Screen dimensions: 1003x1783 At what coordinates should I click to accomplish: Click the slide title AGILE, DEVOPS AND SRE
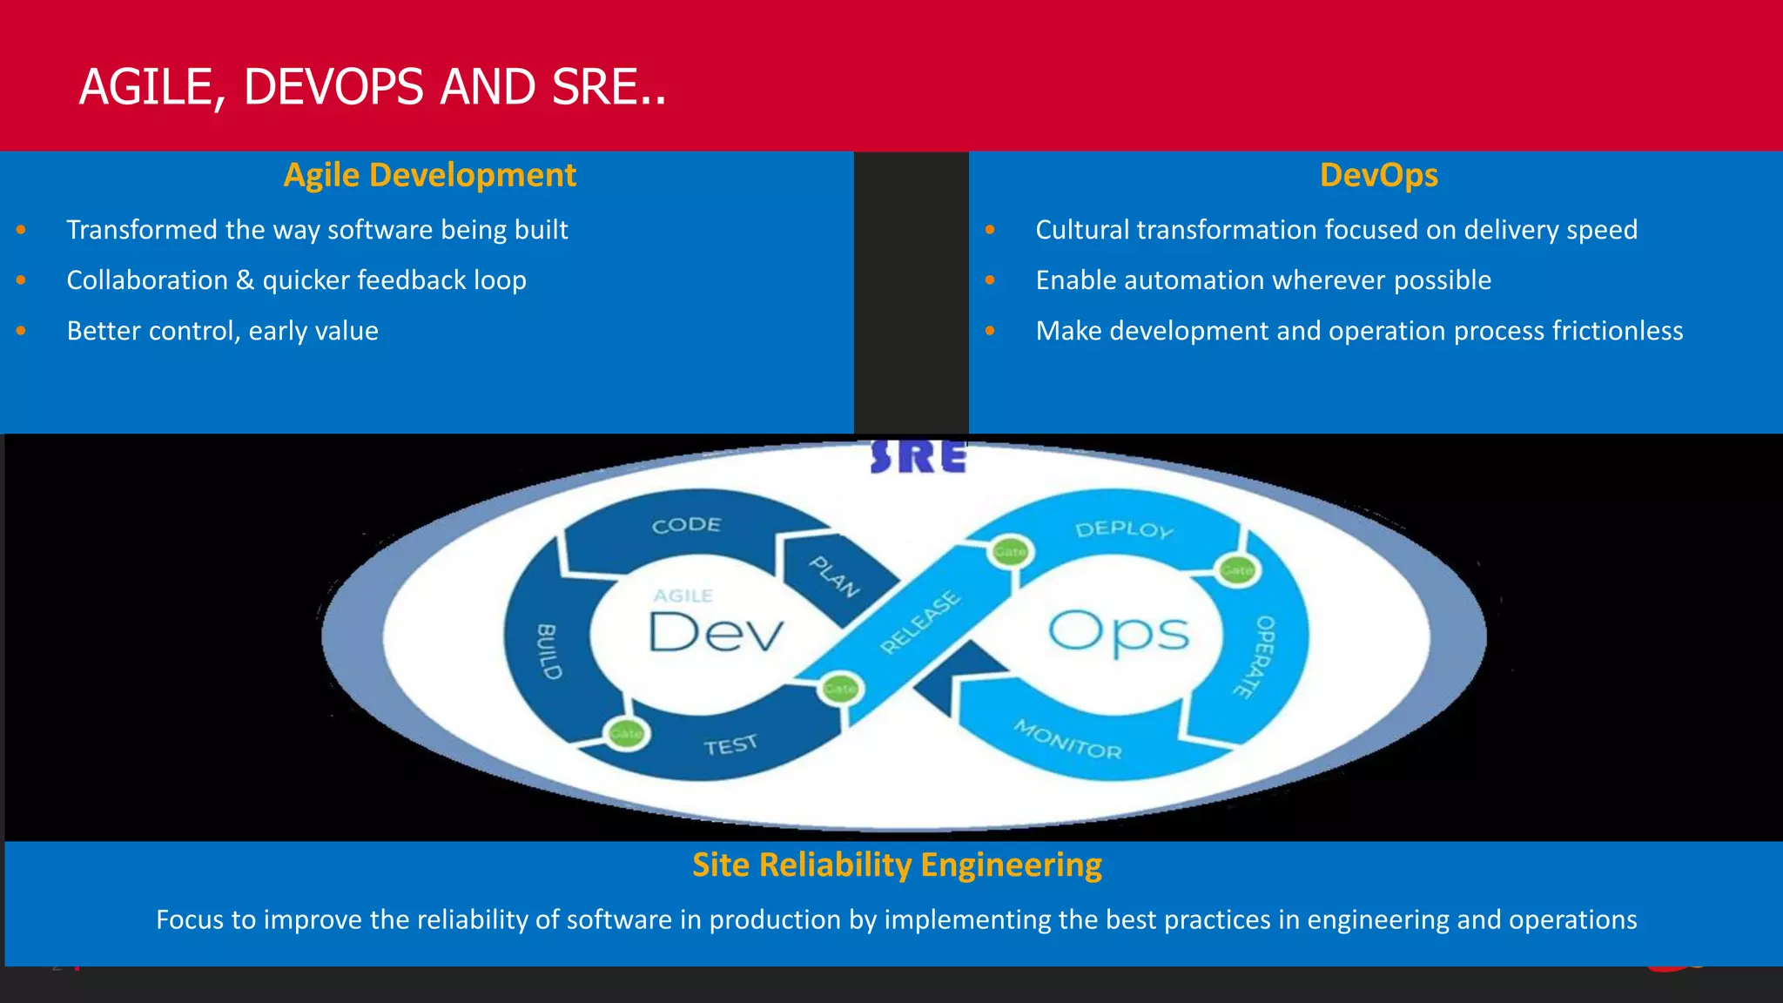tap(373, 87)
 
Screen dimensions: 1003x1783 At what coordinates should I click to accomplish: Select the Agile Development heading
tap(429, 175)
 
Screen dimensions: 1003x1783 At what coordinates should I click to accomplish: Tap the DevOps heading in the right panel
tap(1378, 175)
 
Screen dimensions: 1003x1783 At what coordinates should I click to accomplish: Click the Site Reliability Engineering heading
tap(897, 865)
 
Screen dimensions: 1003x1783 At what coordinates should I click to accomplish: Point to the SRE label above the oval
tap(918, 457)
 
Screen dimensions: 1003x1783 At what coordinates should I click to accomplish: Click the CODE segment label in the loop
tap(686, 525)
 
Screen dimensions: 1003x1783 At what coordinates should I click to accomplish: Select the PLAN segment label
tap(834, 576)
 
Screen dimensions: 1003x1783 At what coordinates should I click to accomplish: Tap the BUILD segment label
tap(548, 651)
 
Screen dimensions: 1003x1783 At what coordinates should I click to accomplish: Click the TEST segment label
tap(730, 745)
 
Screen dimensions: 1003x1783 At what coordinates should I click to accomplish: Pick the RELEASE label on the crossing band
tap(919, 622)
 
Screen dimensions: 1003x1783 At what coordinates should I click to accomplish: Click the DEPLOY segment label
tap(1124, 529)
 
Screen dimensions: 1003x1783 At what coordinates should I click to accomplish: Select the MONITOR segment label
tap(1068, 740)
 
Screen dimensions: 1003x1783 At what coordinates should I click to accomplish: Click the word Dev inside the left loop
tap(716, 633)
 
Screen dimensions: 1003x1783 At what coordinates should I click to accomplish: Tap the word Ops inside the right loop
tap(1118, 633)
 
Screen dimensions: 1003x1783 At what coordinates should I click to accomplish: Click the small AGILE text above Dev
tap(683, 596)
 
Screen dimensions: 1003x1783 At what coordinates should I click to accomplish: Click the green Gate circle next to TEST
tap(625, 733)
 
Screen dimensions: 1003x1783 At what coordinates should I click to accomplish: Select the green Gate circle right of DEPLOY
tap(1236, 570)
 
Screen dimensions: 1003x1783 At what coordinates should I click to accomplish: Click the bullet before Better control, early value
tap(21, 331)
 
